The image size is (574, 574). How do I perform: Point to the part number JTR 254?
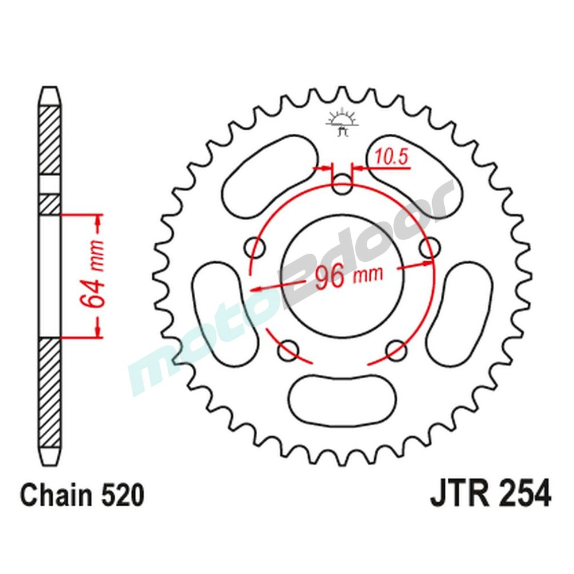point(490,495)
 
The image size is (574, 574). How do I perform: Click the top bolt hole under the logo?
point(343,185)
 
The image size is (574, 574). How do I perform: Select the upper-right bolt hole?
point(430,249)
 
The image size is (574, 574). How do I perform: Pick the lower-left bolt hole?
point(289,349)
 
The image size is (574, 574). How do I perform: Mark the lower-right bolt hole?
point(397,349)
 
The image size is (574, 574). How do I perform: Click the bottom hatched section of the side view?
point(50,396)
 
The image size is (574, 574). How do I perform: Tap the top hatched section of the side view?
point(50,141)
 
